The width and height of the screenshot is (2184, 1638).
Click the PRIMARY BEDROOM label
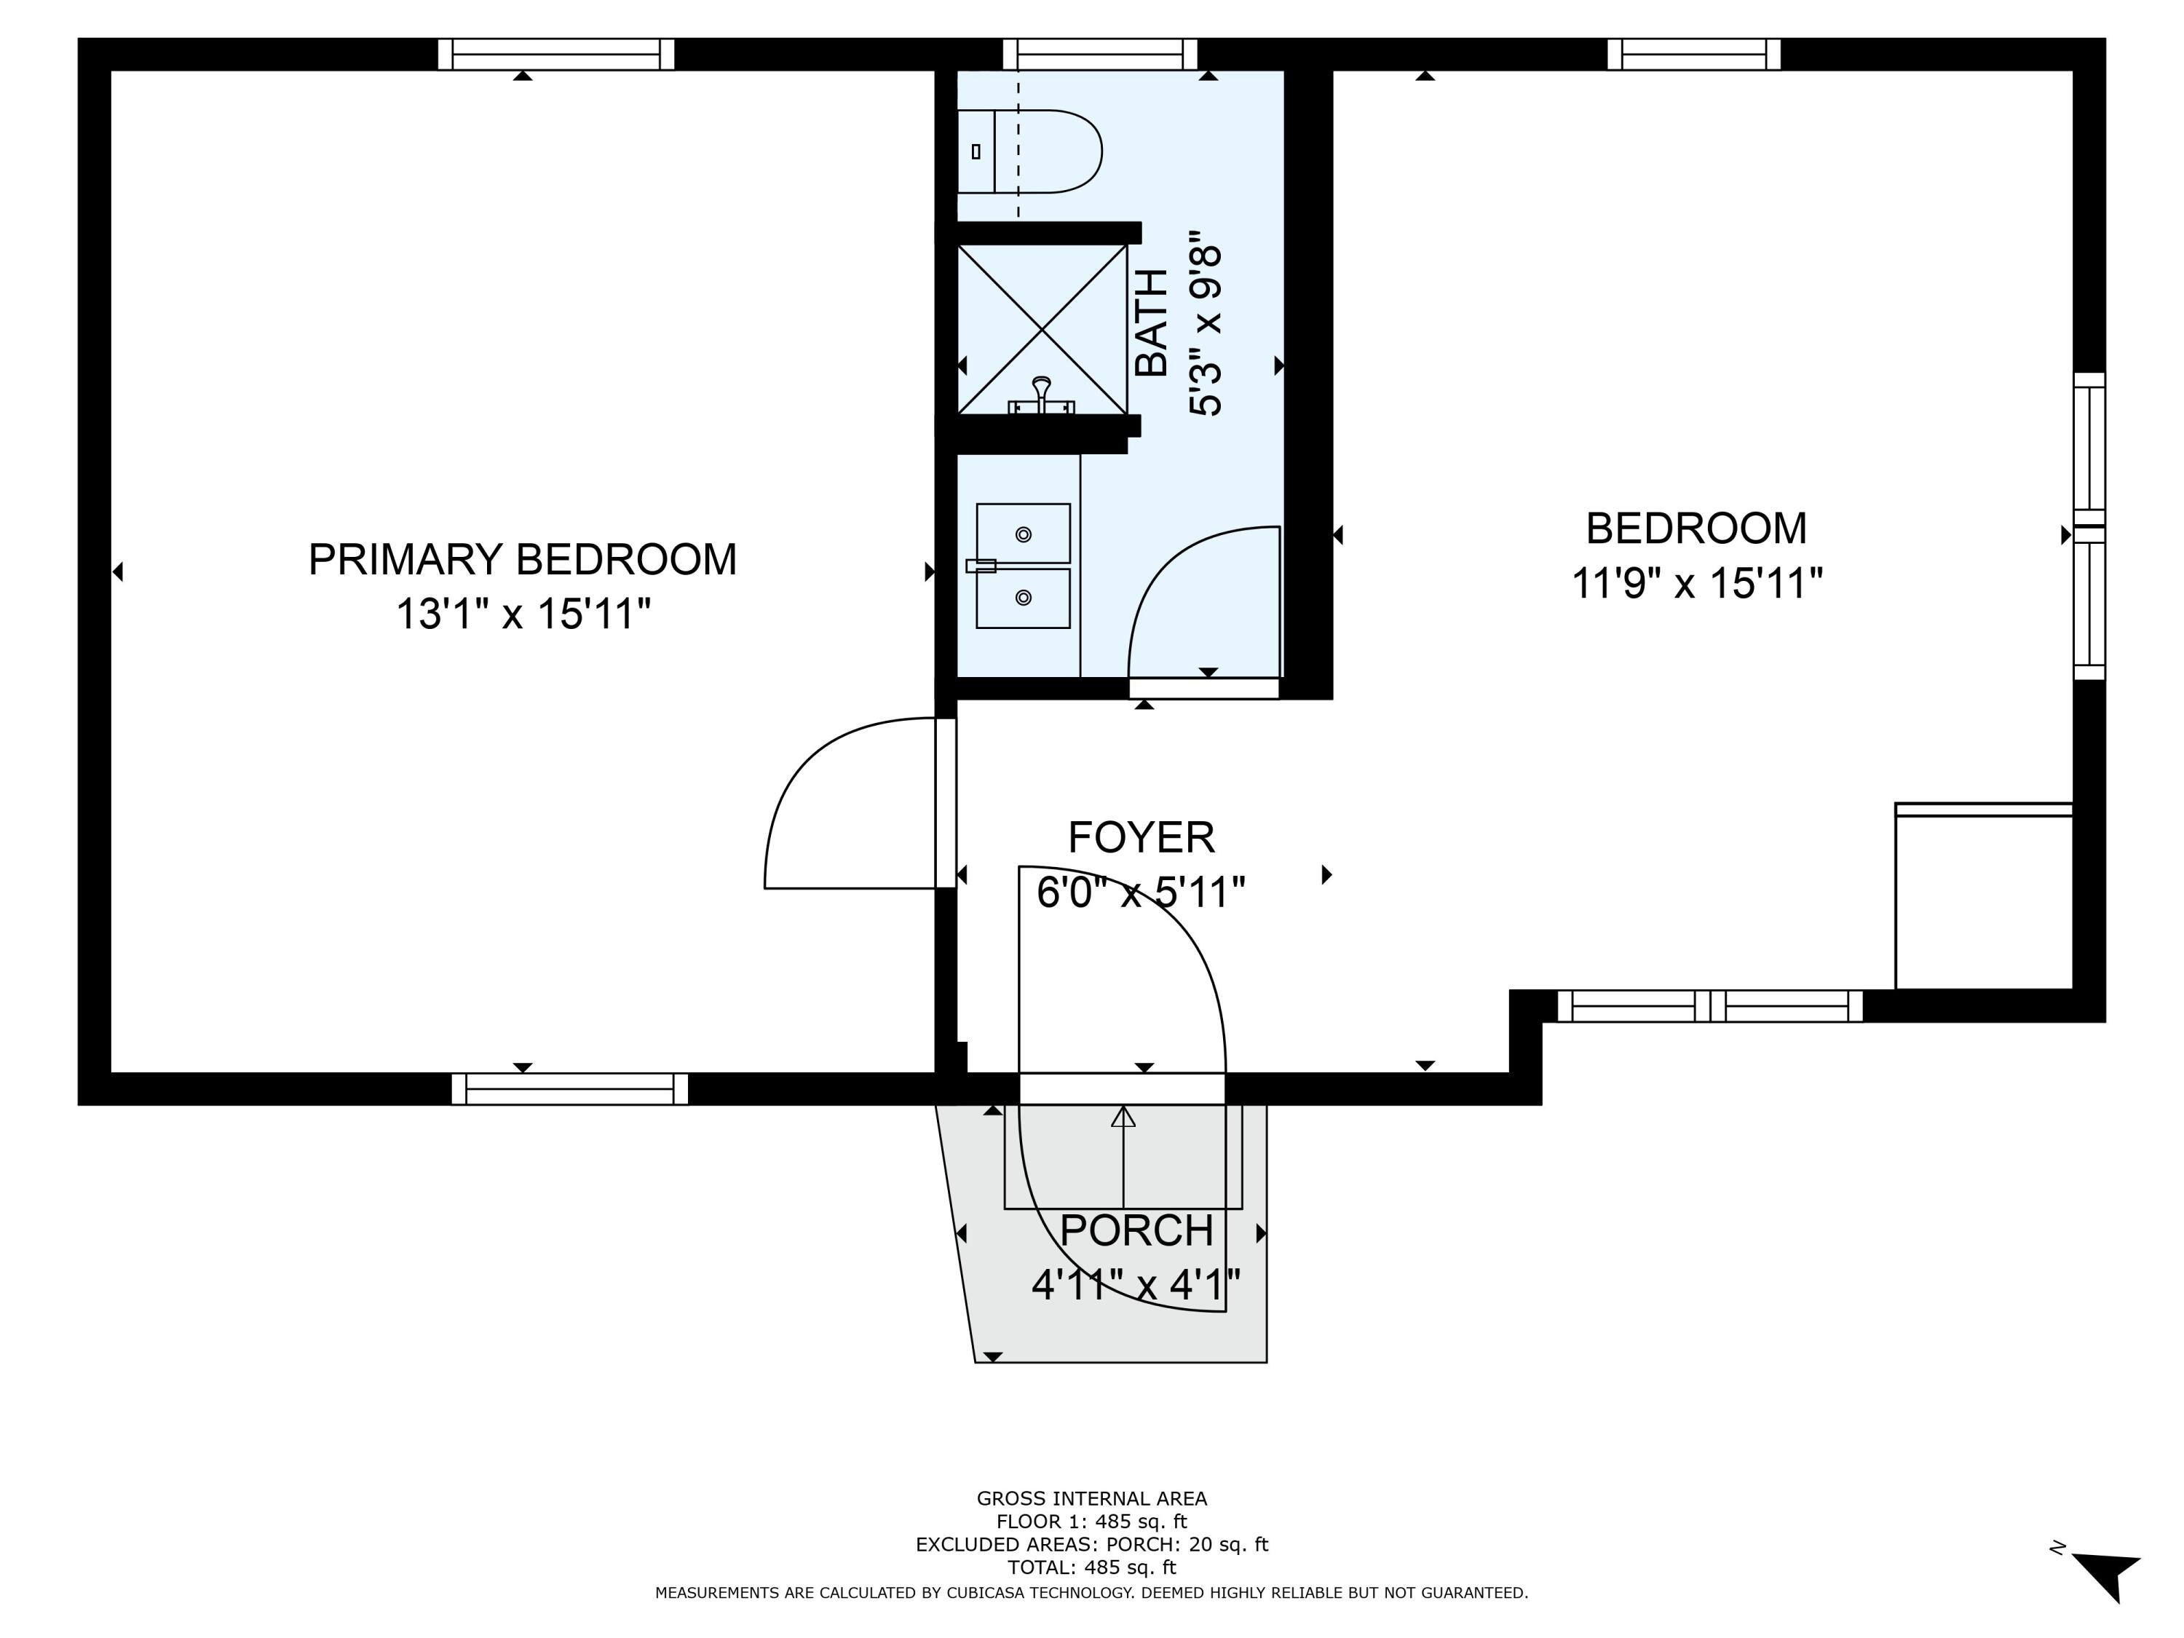click(522, 560)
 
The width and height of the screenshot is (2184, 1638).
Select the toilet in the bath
click(1032, 151)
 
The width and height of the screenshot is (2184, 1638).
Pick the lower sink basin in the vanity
click(1023, 598)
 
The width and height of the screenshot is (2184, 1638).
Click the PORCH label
click(1136, 1230)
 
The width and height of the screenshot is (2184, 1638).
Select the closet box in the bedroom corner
click(1982, 898)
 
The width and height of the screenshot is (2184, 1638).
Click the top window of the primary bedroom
click(556, 55)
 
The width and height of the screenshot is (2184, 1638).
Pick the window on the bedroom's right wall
click(2088, 526)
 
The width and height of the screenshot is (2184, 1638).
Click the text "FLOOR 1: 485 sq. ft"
click(1091, 1522)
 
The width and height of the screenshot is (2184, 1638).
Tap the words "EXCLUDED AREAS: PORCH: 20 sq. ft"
click(1091, 1544)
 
